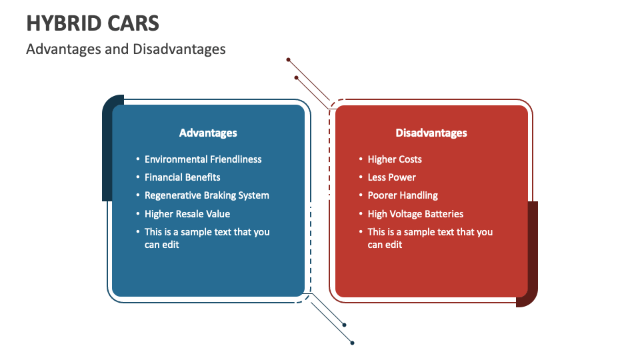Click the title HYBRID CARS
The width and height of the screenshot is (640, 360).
point(93,23)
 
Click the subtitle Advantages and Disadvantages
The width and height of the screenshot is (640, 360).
point(126,49)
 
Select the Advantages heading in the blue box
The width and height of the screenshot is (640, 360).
point(208,133)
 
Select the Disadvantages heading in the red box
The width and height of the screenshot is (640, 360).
point(431,133)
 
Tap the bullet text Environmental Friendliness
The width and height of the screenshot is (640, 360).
point(203,159)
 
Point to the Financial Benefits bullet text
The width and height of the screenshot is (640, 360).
point(183,177)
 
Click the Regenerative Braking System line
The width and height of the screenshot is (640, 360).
point(207,195)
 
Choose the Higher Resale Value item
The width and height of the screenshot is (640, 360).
point(187,214)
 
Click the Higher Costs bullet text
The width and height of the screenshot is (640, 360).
point(395,159)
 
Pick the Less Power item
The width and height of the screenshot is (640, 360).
point(392,177)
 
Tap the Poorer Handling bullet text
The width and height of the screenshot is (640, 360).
point(403,195)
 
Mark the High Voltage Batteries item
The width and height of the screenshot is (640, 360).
point(415,214)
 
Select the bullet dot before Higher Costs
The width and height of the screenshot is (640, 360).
point(361,159)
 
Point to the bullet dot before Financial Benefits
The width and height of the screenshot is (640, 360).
point(138,177)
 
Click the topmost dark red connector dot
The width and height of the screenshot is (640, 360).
point(288,60)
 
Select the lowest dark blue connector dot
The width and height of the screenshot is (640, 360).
point(352,343)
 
